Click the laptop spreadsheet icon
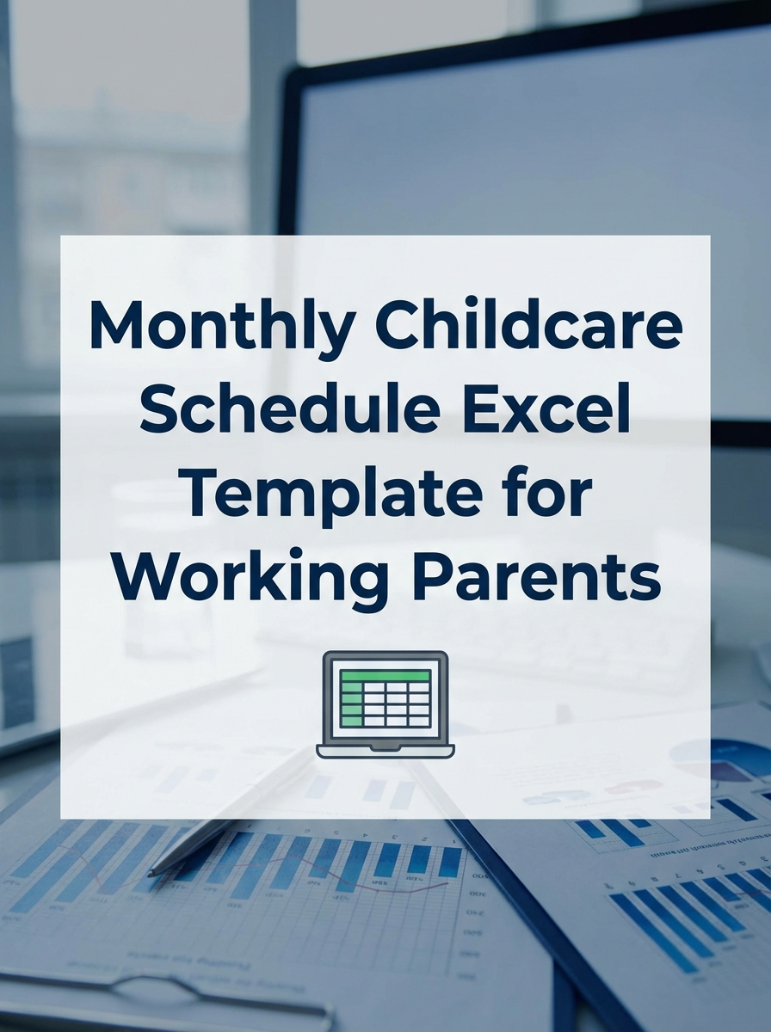point(385,703)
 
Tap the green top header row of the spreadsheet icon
point(385,675)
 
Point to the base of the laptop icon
point(385,751)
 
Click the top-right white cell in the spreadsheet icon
point(419,689)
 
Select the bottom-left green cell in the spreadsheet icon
point(352,721)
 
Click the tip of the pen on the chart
point(151,874)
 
